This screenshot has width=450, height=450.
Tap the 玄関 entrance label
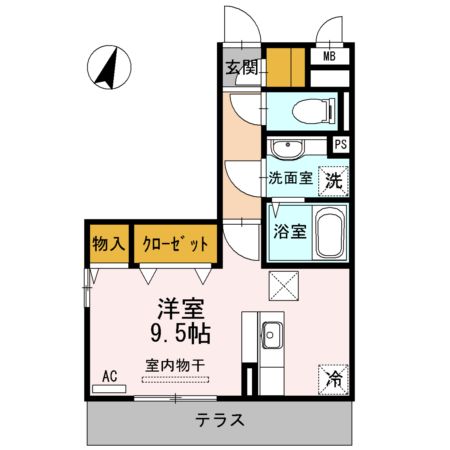click(x=241, y=68)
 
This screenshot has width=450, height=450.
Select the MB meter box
click(x=327, y=57)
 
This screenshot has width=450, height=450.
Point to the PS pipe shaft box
click(x=341, y=145)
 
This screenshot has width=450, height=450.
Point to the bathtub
click(x=330, y=232)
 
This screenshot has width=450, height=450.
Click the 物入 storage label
click(x=109, y=243)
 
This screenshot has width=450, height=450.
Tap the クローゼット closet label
click(x=176, y=243)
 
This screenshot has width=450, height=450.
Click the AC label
click(x=110, y=376)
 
